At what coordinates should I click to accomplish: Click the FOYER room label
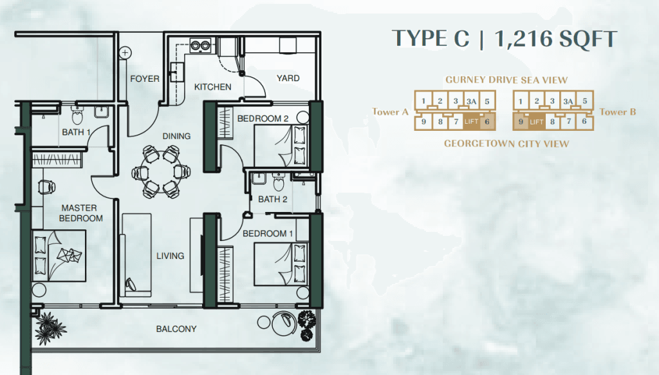point(145,79)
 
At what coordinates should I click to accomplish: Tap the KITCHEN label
point(212,87)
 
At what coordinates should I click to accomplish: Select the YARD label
point(288,78)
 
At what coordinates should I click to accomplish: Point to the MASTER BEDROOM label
point(80,213)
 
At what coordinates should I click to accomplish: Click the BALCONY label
point(176,329)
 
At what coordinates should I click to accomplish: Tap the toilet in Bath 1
point(78,115)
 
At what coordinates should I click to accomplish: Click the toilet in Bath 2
point(279,182)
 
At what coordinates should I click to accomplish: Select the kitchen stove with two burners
point(200,45)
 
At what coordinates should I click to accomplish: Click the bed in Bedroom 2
point(281,146)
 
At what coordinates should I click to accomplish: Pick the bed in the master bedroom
point(59,255)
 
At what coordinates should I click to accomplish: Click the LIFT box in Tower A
point(471,122)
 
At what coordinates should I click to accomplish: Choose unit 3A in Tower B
point(568,101)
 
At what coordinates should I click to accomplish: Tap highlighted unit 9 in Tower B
point(521,122)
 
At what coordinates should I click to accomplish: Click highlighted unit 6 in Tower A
point(487,122)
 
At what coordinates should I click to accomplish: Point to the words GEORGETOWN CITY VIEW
point(506,144)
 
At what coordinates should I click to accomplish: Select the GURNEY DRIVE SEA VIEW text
point(506,79)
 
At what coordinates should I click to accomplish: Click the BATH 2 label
point(273,199)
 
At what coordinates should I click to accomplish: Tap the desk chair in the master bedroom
point(46,186)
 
